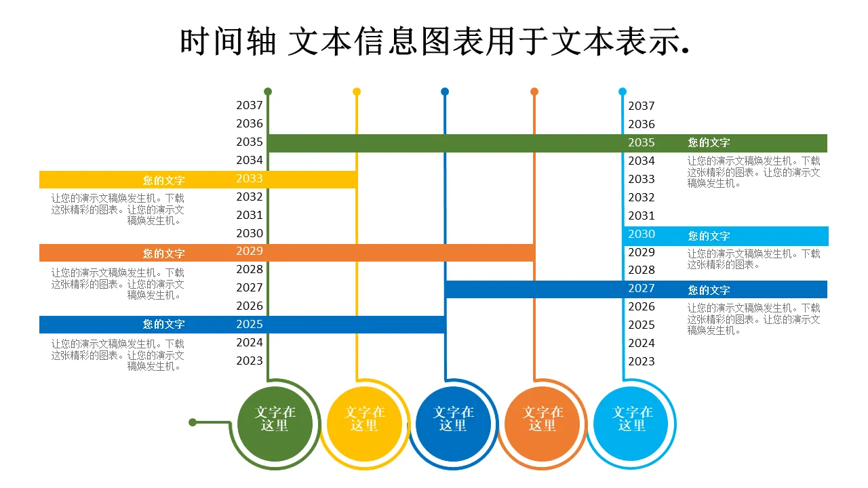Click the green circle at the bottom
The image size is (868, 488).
(275, 424)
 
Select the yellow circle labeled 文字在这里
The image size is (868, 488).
(364, 424)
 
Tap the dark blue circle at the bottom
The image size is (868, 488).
(453, 424)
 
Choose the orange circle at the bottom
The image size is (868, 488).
(542, 424)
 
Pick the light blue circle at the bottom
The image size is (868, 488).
(631, 424)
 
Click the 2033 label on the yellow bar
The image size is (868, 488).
(250, 179)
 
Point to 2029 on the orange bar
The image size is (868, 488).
(250, 251)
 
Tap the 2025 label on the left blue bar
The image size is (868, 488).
(250, 325)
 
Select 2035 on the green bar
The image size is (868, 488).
(641, 143)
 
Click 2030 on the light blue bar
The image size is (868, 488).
(641, 235)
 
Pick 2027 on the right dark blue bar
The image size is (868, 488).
(641, 289)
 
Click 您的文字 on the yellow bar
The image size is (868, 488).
(163, 180)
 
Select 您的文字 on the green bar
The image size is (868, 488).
(709, 143)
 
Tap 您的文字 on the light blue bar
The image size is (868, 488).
(709, 236)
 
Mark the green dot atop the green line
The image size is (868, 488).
(268, 91)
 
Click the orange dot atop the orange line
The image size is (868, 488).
(534, 91)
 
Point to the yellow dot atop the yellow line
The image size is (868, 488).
(357, 91)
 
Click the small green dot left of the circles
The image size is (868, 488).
(193, 422)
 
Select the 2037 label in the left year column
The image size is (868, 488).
(250, 106)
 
